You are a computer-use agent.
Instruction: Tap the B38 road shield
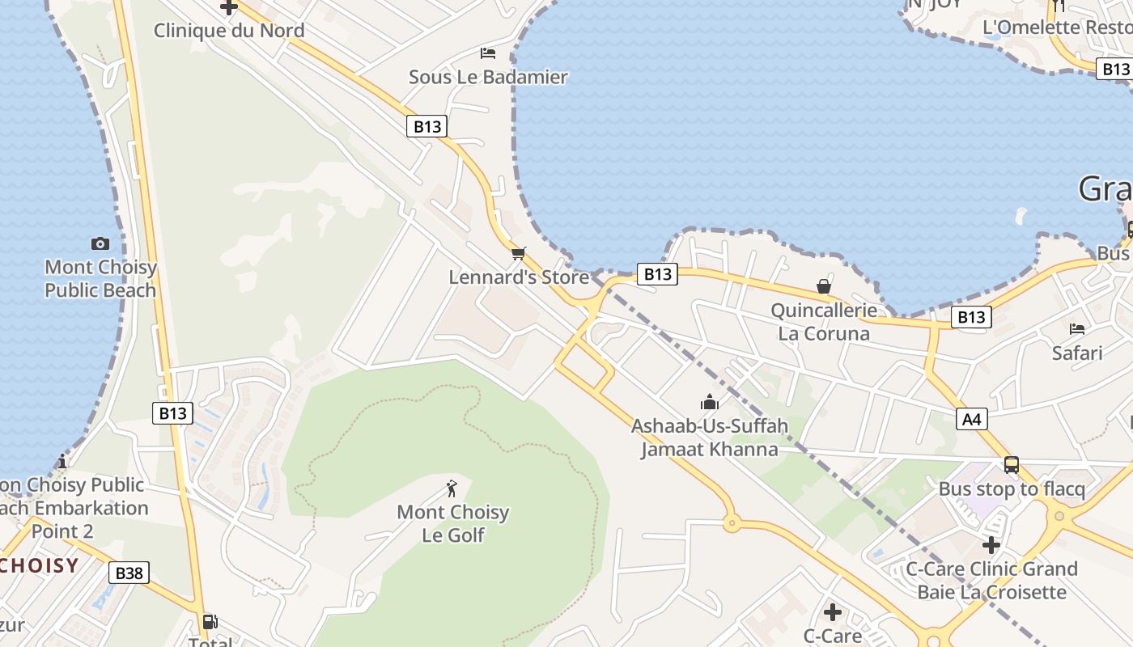[x=129, y=573]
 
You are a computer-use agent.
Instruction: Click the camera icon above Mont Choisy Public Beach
[x=100, y=243]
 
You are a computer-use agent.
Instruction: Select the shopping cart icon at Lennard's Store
[x=519, y=254]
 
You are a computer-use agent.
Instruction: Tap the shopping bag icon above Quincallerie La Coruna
[x=823, y=286]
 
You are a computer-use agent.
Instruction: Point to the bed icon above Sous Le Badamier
[x=487, y=53]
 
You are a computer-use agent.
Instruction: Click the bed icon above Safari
[x=1076, y=329]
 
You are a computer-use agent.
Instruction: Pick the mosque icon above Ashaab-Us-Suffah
[x=710, y=402]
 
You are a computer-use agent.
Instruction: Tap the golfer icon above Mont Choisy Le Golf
[x=452, y=488]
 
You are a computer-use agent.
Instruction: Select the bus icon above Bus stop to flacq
[x=1011, y=465]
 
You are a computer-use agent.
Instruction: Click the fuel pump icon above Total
[x=210, y=621]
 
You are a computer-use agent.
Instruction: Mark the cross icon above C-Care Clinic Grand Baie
[x=991, y=544]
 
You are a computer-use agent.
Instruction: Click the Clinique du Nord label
[x=229, y=31]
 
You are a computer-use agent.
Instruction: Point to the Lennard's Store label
[x=519, y=277]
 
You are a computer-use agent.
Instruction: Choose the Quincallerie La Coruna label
[x=824, y=322]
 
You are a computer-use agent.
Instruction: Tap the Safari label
[x=1077, y=353]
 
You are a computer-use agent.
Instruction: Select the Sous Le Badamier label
[x=488, y=78]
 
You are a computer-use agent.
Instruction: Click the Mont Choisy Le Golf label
[x=452, y=523]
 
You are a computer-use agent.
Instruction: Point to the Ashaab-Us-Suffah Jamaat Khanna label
[x=710, y=438]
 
